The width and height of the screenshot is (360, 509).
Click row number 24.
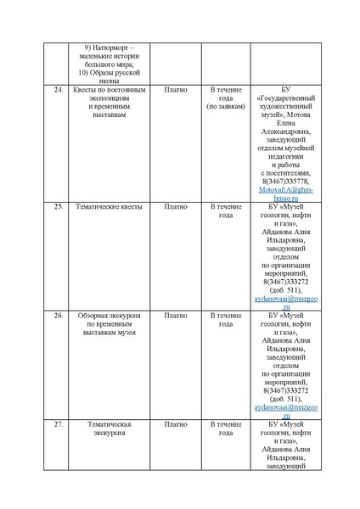[59, 89]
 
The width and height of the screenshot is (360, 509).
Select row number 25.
[59, 206]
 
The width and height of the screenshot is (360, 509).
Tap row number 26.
[59, 315]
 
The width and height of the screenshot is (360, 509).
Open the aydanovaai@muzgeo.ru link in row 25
[285, 303]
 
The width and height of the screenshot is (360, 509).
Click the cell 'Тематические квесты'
[110, 206]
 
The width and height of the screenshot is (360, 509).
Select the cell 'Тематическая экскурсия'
[110, 428]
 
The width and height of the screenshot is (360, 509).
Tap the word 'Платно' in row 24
[176, 89]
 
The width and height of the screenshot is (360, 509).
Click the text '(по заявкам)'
[226, 107]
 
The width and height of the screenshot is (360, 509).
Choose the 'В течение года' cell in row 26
[226, 319]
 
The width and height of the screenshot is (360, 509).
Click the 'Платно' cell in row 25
[176, 206]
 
